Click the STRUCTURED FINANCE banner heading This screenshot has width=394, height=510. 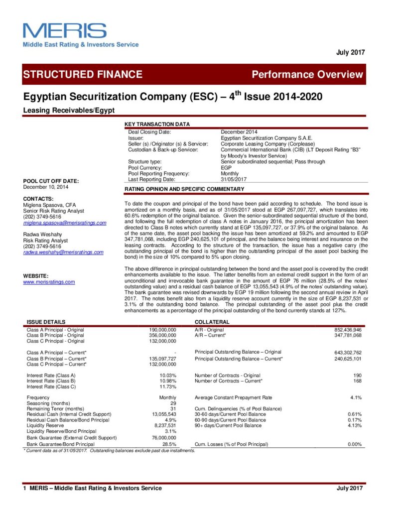[83, 75]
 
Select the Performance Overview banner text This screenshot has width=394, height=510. [307, 75]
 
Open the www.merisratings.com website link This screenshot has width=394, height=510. [49, 282]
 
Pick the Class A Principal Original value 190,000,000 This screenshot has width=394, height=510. [163, 330]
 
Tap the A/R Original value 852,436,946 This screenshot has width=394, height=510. [348, 330]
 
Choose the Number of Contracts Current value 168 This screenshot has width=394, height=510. [357, 381]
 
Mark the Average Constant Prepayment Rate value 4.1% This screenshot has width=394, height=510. [355, 397]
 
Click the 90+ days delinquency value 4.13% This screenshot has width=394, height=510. [354, 425]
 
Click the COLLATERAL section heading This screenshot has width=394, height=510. [212, 322]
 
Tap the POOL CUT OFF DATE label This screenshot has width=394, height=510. [51, 180]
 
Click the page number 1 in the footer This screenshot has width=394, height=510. [24, 488]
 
